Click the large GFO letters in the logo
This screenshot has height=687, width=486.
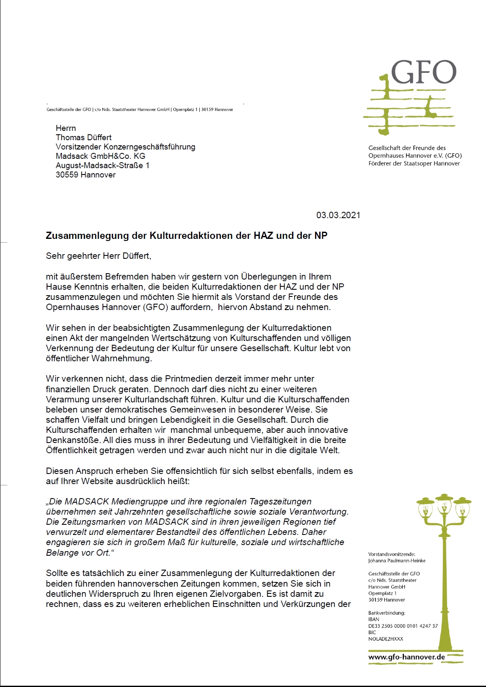tap(423, 72)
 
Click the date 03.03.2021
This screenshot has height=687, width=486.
tap(338, 215)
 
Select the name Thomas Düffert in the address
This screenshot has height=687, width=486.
tap(83, 138)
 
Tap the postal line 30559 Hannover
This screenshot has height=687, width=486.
tap(86, 175)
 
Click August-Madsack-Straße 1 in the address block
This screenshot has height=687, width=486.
tap(102, 166)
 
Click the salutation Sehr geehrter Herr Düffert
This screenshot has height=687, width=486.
tap(98, 256)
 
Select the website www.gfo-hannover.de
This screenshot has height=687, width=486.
tap(406, 657)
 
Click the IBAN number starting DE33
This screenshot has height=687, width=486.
tap(403, 626)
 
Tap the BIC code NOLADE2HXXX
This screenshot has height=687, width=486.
tap(386, 639)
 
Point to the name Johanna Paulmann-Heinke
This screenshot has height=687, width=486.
tap(397, 561)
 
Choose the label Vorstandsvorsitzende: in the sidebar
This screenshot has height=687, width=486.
tap(392, 554)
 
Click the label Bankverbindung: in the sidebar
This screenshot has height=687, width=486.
tap(387, 613)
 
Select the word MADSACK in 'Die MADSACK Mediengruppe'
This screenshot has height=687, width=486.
tap(84, 502)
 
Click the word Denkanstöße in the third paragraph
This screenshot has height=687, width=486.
tap(73, 440)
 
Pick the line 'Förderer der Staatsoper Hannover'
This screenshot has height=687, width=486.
tap(414, 163)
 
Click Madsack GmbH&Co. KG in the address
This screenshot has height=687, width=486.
tap(100, 156)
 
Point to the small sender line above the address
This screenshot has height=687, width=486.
tap(140, 110)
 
